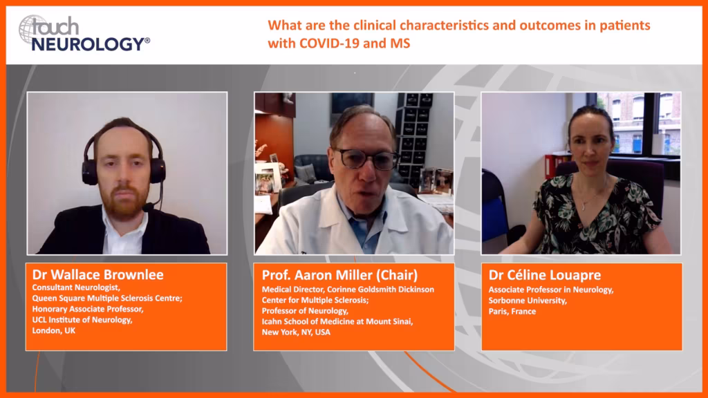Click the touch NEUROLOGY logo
tap(84, 33)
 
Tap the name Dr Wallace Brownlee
tap(97, 274)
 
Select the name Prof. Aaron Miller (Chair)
tap(339, 275)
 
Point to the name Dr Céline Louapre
tap(545, 275)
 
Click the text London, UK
tap(54, 331)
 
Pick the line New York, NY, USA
tap(296, 332)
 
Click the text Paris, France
tap(512, 312)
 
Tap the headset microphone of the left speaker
tap(148, 207)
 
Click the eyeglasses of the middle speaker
tap(366, 159)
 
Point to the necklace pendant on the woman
tap(584, 207)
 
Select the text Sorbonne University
tap(528, 301)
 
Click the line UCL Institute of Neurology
tap(82, 320)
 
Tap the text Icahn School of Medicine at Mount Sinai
tap(337, 321)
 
